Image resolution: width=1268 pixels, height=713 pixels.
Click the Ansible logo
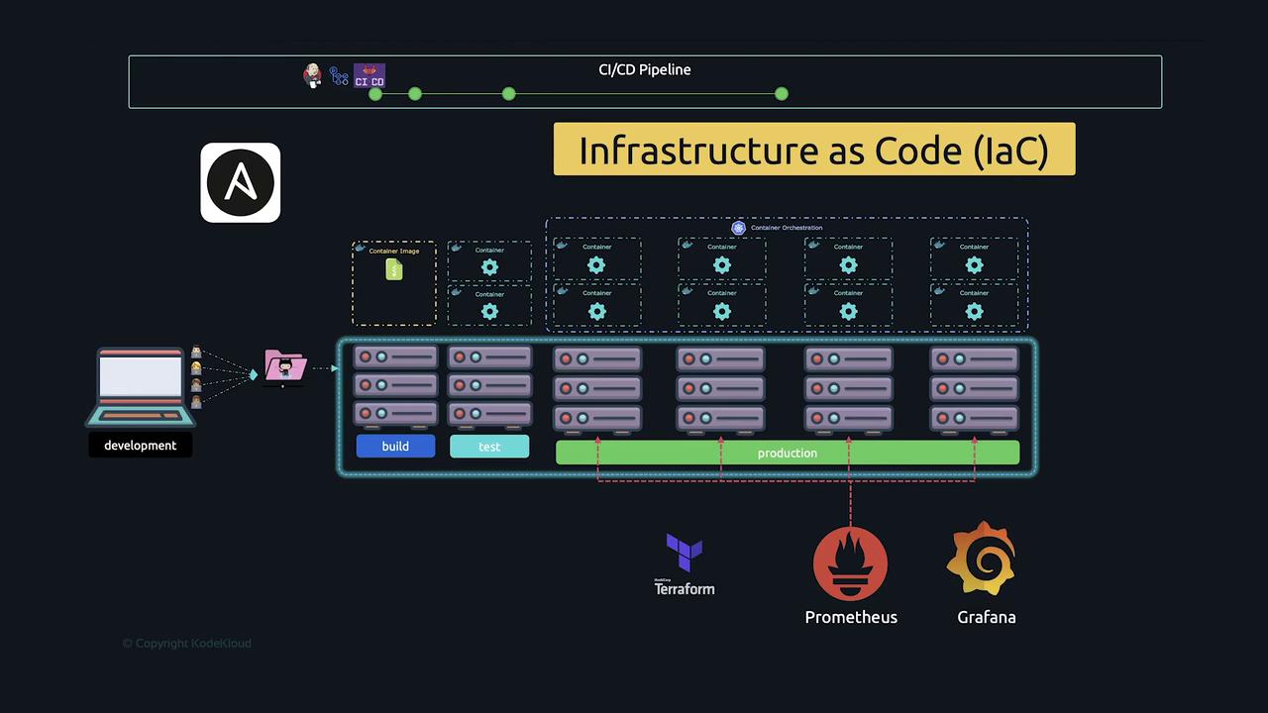tap(241, 183)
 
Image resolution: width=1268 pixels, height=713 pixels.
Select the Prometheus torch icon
tap(850, 563)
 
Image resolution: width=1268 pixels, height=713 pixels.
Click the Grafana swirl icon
tap(982, 560)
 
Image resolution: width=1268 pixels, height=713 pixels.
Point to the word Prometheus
tap(851, 617)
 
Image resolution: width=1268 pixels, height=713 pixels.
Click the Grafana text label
tap(986, 617)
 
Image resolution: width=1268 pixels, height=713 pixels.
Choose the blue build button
tap(395, 447)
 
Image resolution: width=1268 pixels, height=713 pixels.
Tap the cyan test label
tap(489, 447)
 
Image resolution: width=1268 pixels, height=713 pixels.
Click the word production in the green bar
tap(788, 453)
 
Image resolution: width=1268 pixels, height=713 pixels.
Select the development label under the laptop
tap(141, 446)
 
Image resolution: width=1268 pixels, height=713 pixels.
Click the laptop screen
tap(141, 377)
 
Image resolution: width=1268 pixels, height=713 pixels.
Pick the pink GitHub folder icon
tap(285, 368)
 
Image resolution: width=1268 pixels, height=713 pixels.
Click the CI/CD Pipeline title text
tap(645, 69)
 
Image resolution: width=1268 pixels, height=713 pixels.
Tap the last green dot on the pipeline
tap(782, 93)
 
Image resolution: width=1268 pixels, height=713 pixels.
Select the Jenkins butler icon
tap(313, 75)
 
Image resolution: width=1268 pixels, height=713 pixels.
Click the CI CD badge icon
tap(370, 76)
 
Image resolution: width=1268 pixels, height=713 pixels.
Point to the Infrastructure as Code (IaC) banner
tap(813, 150)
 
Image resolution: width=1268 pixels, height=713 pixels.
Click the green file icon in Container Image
tap(394, 268)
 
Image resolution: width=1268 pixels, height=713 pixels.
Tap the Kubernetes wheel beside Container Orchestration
tap(738, 228)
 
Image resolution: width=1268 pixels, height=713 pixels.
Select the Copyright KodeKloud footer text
tap(187, 644)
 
